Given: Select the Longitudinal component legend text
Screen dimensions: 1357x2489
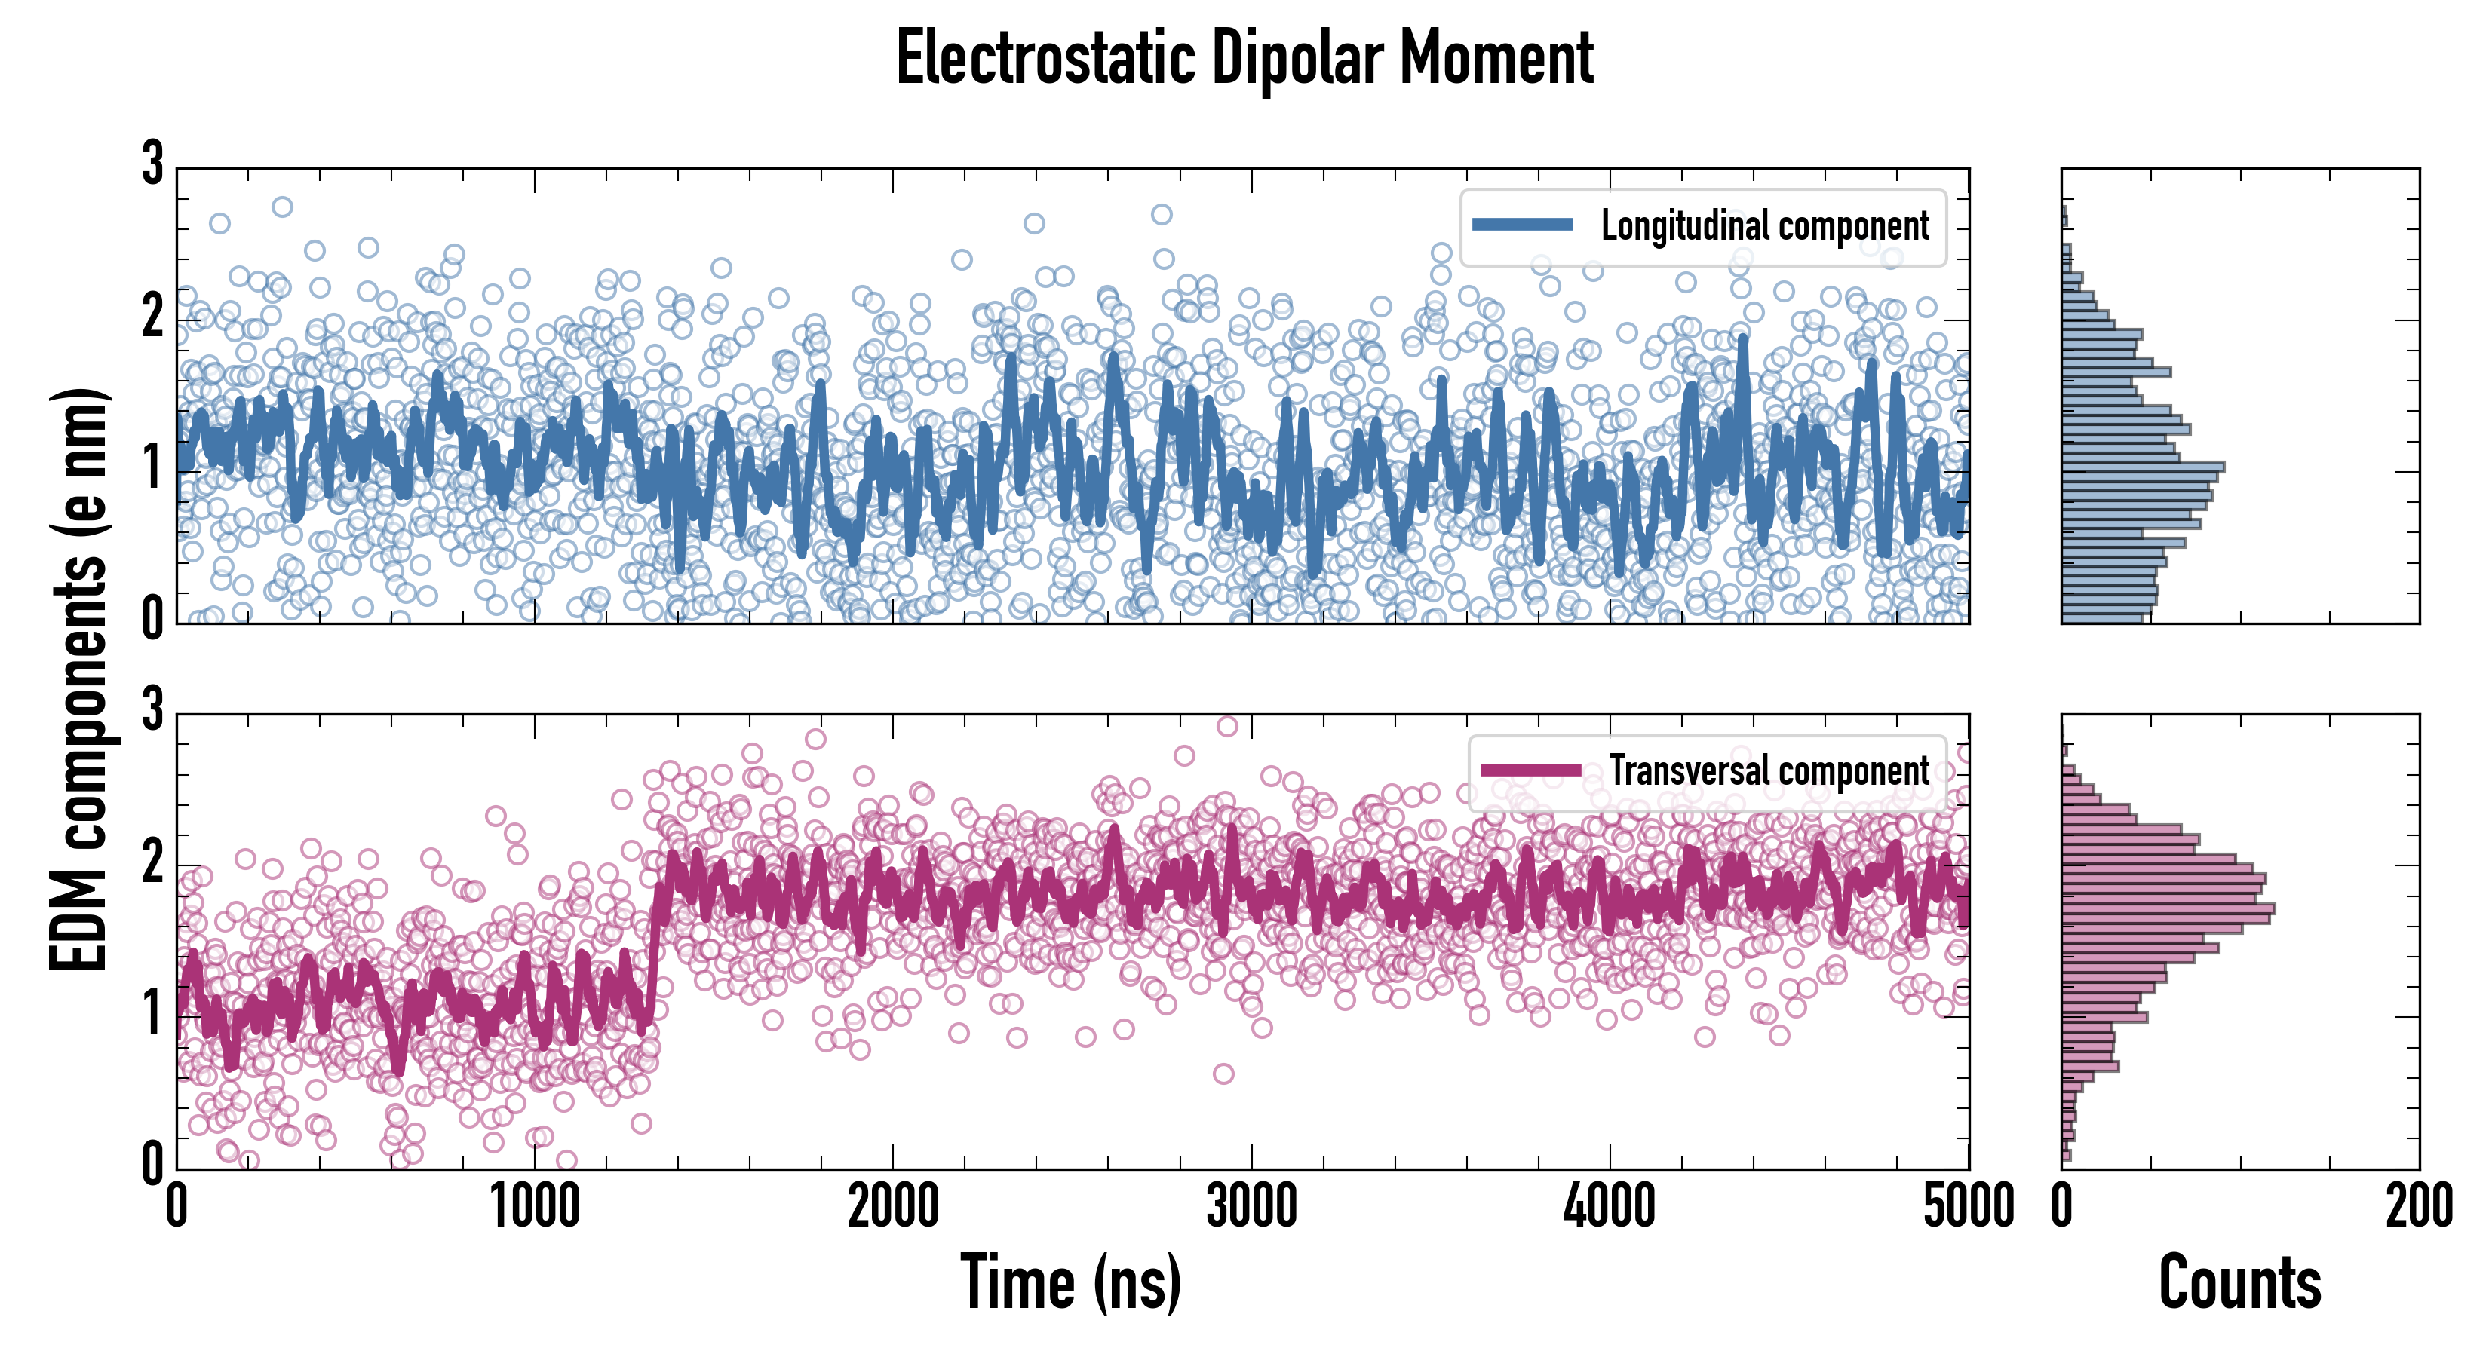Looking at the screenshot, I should point(1764,226).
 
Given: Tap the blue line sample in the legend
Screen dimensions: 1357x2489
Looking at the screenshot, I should point(1523,225).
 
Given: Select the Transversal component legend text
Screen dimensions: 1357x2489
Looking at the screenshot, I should point(1769,770).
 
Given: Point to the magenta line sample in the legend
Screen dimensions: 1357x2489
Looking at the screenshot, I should point(1530,770).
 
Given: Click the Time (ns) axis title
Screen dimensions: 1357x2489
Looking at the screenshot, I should point(1070,1282).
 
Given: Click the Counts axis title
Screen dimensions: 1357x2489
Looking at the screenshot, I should point(2239,1282).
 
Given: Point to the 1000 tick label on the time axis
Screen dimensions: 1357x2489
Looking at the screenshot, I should point(534,1207).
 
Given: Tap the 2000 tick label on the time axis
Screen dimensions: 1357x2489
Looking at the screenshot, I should point(893,1207).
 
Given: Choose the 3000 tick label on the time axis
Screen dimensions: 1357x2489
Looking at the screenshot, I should point(1251,1207).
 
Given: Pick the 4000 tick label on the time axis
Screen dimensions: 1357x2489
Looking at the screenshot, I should point(1610,1207).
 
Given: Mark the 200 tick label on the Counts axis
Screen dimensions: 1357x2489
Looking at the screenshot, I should point(2418,1207).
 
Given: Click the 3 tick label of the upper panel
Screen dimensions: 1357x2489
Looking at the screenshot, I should point(152,164).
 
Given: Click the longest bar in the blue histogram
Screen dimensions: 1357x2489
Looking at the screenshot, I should point(2142,467).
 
